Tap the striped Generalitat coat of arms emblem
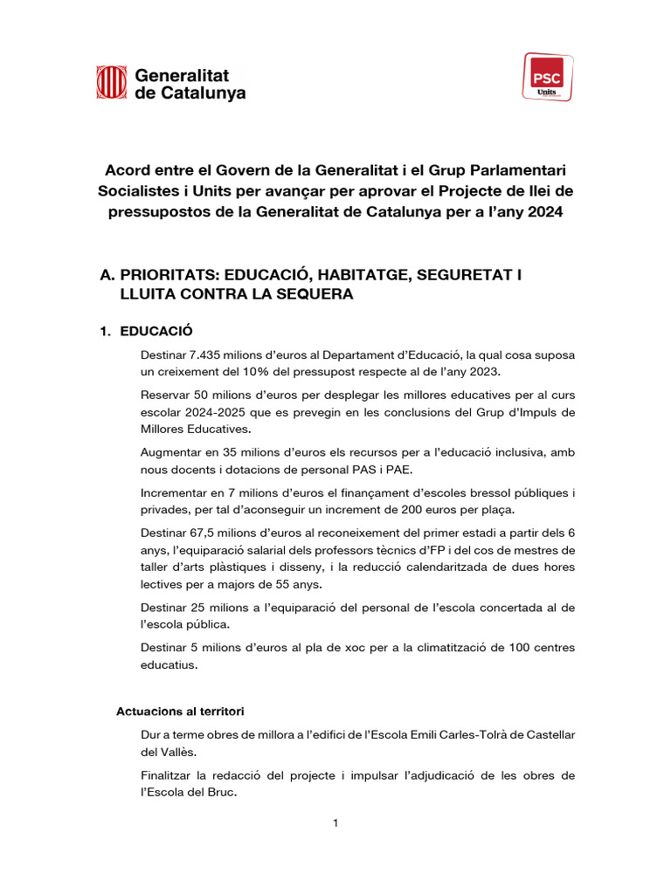(111, 82)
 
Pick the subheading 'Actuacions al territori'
(186, 712)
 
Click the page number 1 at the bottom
(335, 823)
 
